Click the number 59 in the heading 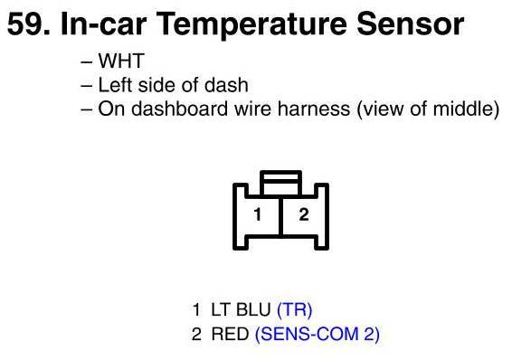tap(29, 24)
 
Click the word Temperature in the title tap(251, 25)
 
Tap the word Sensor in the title tap(411, 24)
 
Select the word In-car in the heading tap(103, 24)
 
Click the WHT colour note tap(121, 61)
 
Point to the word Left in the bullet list tap(115, 85)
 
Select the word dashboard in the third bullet tap(179, 109)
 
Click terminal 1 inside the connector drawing tap(258, 214)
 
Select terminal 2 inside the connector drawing tap(304, 214)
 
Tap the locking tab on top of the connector tap(280, 183)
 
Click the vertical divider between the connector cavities tap(280, 216)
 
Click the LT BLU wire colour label tap(241, 309)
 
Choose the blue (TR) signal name tap(295, 309)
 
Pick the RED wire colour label tap(230, 334)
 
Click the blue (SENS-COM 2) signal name tap(318, 334)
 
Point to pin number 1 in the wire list tap(196, 309)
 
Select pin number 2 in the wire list tap(196, 334)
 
